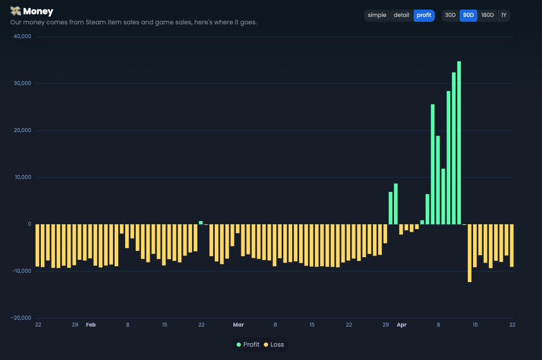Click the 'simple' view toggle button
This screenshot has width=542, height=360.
point(377,15)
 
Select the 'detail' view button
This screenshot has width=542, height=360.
point(401,15)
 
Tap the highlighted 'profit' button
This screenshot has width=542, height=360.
point(424,15)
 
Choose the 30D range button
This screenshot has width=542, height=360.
point(450,15)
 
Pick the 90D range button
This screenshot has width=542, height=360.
point(468,15)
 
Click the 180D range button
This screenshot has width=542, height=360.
point(487,15)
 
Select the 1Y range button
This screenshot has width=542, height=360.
point(503,15)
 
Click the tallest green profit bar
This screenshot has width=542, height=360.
point(459,143)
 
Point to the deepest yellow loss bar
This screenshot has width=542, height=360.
point(469,253)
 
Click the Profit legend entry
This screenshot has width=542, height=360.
point(248,345)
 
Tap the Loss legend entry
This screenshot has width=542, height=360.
point(274,345)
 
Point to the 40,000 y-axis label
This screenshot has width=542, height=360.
point(23,37)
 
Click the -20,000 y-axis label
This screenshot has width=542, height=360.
point(22,318)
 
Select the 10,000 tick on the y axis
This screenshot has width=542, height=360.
point(23,177)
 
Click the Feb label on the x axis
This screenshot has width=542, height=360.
point(91,324)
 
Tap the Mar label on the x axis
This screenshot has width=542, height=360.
point(238,324)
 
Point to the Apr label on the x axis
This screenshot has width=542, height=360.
point(401,324)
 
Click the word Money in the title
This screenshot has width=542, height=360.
point(38,11)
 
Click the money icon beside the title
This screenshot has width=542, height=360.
point(15,11)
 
